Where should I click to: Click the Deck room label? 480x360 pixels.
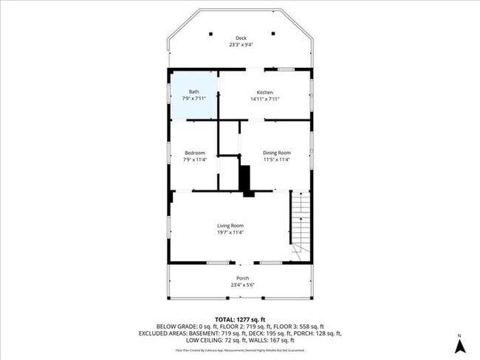[241, 38]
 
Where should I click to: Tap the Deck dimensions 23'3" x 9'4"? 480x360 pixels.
[241, 45]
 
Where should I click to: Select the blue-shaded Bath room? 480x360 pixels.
[194, 94]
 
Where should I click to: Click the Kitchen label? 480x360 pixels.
[265, 92]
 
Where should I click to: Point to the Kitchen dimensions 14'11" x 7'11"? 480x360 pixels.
[265, 99]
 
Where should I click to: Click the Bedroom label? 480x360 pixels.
[194, 153]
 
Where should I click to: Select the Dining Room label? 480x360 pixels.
[277, 153]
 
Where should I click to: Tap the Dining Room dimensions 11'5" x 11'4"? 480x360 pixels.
[277, 159]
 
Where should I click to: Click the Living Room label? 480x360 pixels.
[230, 225]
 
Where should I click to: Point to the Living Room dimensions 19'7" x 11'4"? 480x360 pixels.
[230, 232]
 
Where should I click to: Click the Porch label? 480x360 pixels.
[242, 278]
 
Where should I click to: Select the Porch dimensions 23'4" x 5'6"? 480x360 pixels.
[242, 285]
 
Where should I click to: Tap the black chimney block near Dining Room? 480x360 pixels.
[247, 180]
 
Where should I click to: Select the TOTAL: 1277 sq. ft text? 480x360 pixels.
[240, 318]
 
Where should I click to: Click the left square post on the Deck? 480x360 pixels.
[210, 33]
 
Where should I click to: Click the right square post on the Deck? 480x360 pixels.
[273, 33]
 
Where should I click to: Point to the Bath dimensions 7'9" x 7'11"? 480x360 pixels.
[194, 99]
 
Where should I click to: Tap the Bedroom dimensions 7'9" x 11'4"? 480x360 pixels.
[194, 159]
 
